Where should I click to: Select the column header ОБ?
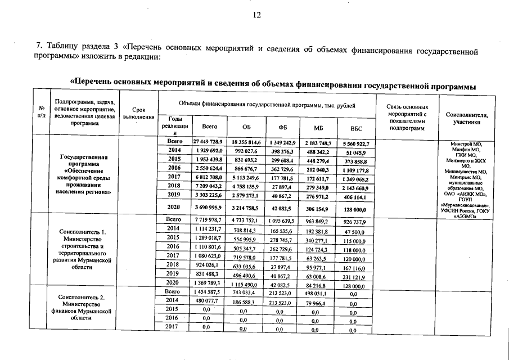click(x=246, y=128)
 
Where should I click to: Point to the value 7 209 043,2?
click(x=209, y=185)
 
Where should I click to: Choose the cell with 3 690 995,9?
click(x=209, y=208)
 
